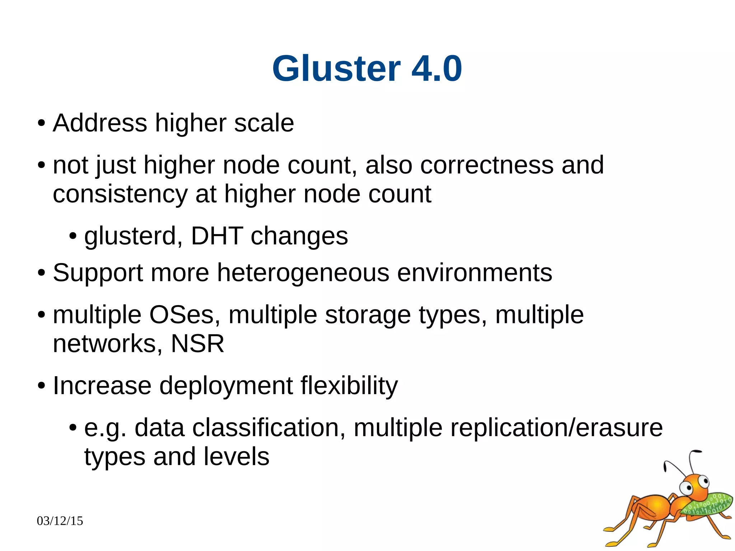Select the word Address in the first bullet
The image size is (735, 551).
[100, 123]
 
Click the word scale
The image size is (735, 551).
[264, 123]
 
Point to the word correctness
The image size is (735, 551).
[487, 165]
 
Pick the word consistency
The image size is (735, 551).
[120, 194]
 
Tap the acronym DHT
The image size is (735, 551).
[217, 237]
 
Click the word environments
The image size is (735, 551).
[474, 273]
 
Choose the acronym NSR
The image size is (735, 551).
[197, 344]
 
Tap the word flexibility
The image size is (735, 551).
[349, 386]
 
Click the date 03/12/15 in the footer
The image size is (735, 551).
[60, 521]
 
